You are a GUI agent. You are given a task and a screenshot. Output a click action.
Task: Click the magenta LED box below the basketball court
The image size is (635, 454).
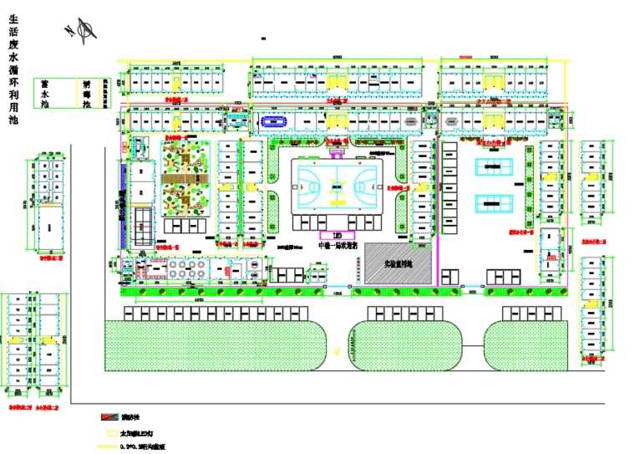[336, 236]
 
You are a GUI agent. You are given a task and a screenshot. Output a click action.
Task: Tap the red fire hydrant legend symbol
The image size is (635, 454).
[108, 416]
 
